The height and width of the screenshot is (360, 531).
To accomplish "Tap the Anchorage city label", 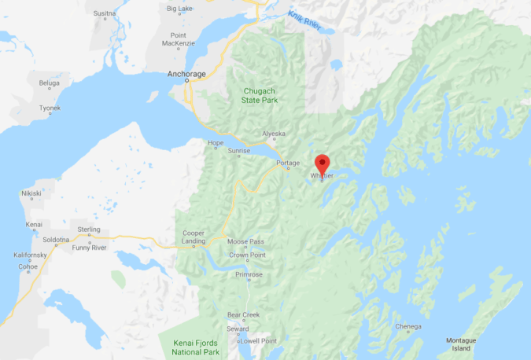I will [187, 75].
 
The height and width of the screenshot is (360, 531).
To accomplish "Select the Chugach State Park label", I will [259, 96].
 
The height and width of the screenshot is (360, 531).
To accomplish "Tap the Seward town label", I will [238, 328].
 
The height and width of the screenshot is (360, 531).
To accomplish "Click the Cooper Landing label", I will [194, 237].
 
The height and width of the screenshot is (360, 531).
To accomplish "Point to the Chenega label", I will [408, 326].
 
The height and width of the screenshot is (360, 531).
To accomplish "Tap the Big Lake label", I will [180, 9].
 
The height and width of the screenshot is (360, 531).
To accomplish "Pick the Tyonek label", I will [50, 108].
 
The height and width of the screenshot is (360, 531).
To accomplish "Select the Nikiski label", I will [31, 193].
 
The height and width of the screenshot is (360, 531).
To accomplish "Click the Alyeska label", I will [274, 134].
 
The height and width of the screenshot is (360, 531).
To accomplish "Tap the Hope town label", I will [215, 143].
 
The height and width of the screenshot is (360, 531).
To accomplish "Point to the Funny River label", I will [88, 248].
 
